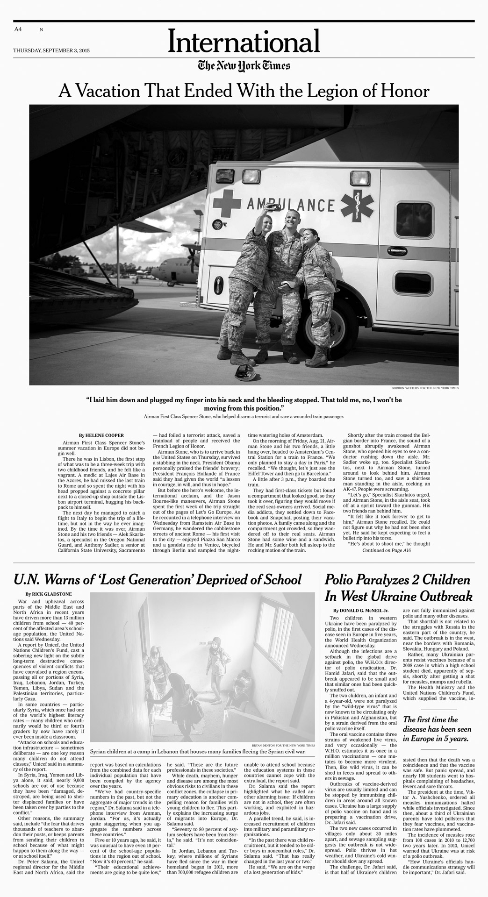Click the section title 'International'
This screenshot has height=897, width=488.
pyautogui.click(x=244, y=43)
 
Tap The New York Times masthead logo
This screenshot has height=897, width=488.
pyautogui.click(x=244, y=66)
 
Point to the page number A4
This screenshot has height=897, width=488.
pyautogui.click(x=18, y=29)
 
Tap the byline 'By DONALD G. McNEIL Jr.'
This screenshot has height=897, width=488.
pyautogui.click(x=361, y=610)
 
